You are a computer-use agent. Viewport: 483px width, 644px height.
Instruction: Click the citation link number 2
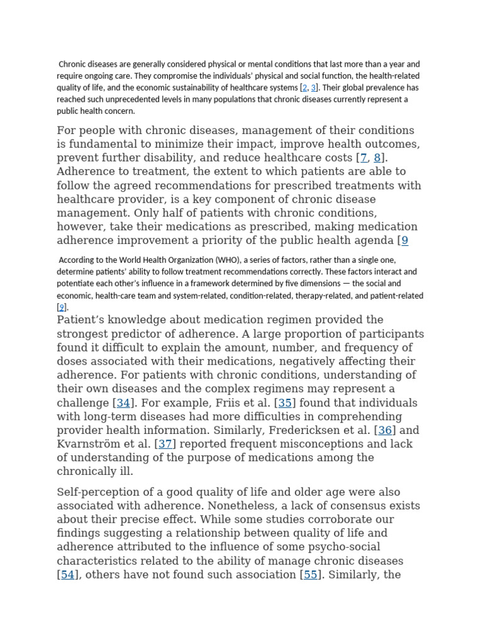pos(304,88)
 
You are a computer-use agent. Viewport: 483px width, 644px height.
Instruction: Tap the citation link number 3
pos(313,88)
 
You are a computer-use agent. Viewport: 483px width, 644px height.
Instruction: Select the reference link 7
pos(363,158)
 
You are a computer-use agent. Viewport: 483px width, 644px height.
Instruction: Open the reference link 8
pos(377,158)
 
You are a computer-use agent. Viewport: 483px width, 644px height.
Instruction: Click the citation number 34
pos(123,403)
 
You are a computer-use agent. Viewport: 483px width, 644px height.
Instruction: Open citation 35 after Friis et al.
pos(285,403)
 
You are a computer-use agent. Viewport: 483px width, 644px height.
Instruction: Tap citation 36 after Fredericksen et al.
pos(385,431)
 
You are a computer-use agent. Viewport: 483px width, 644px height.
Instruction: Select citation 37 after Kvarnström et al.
pos(165,445)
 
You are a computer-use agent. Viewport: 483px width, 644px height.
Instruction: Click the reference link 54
pos(67,575)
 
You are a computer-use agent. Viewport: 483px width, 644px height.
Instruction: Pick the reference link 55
pos(310,575)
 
